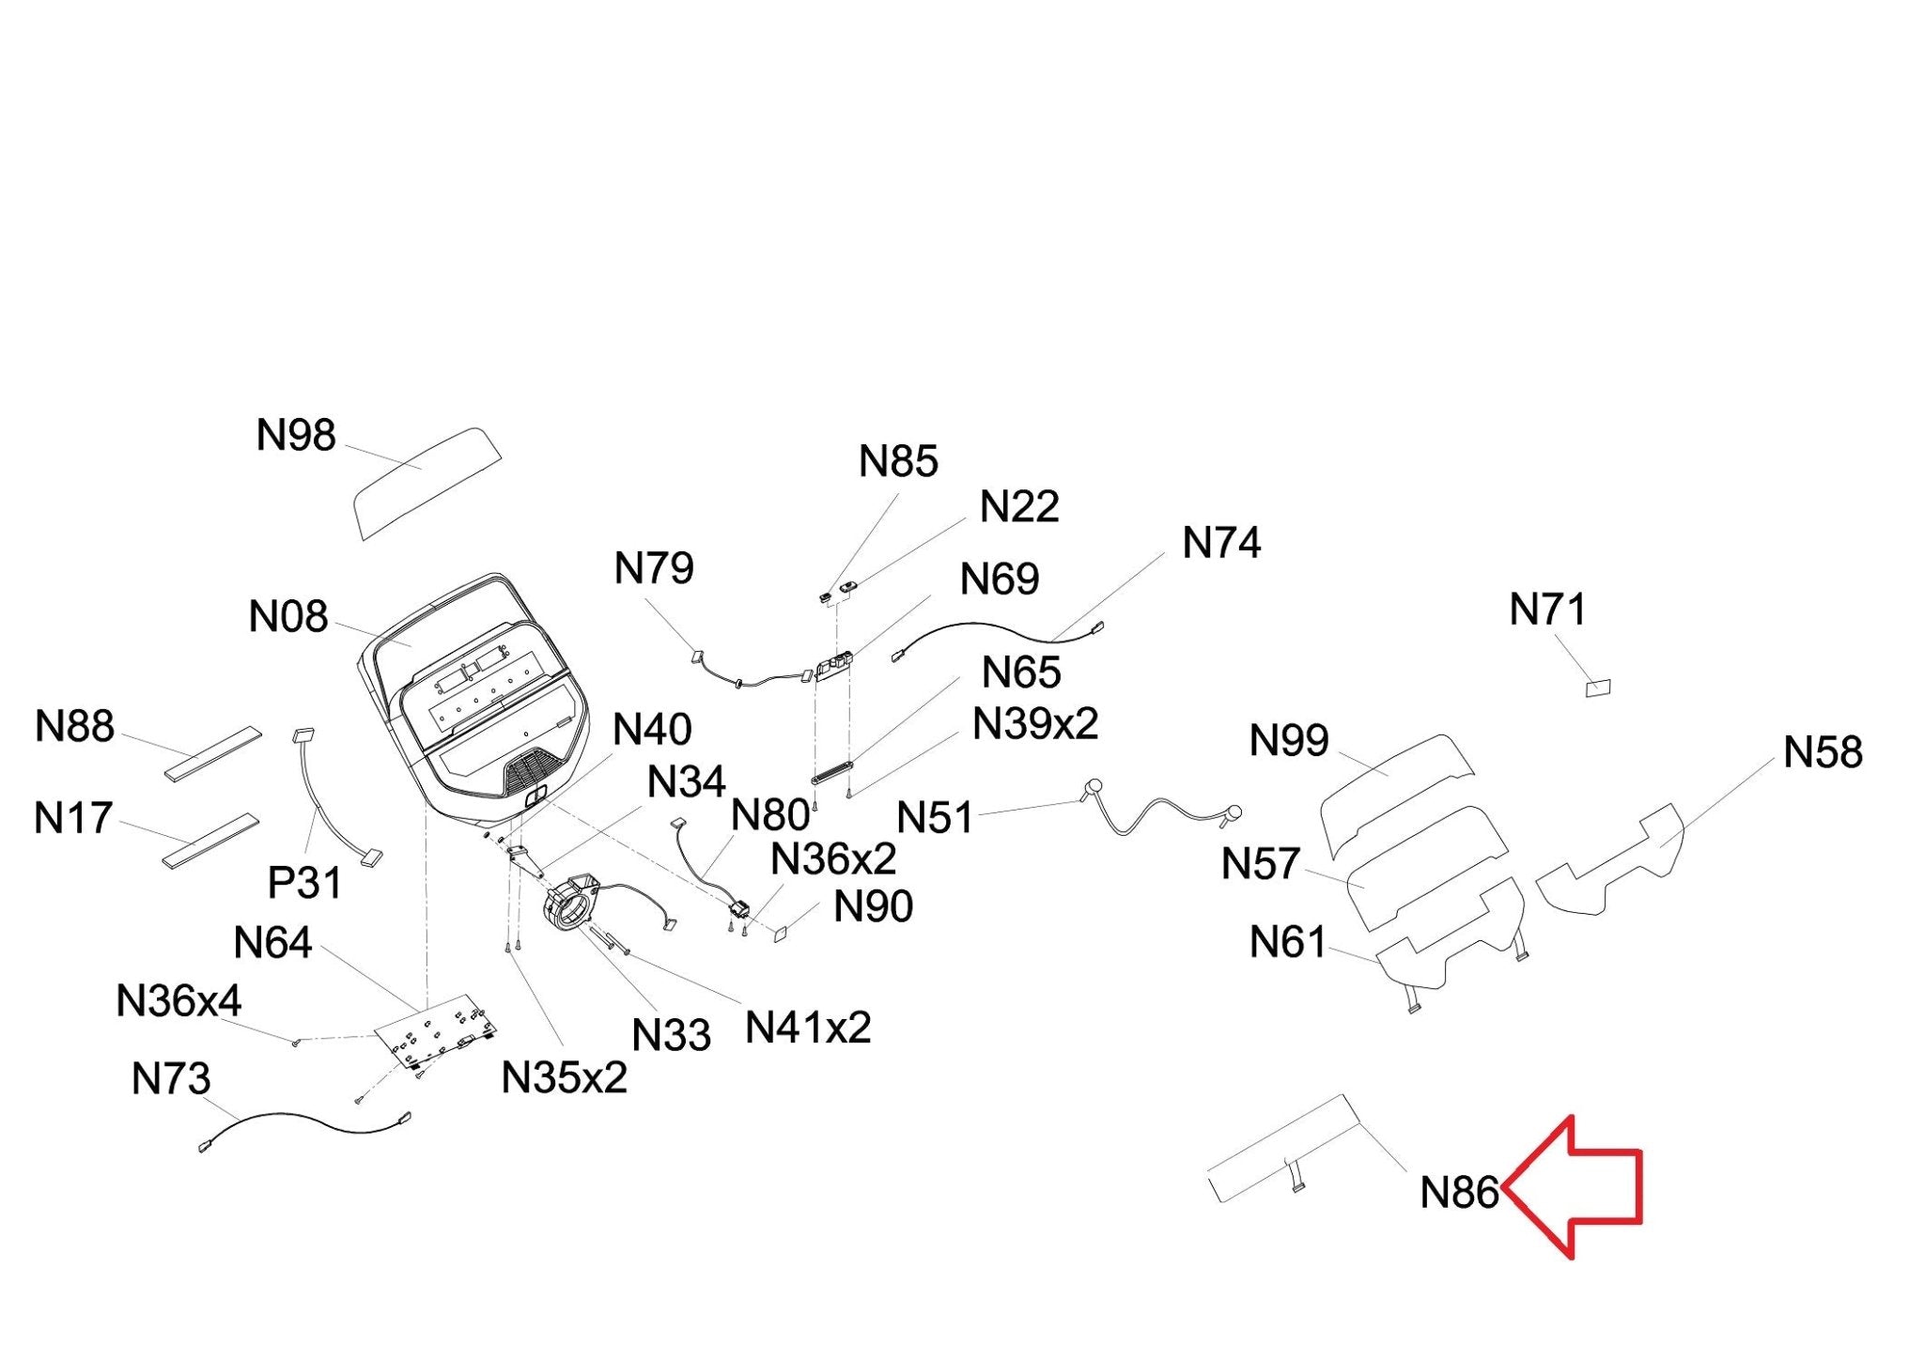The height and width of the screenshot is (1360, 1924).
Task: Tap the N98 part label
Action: pos(296,436)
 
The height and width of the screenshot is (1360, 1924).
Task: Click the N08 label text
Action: pos(288,617)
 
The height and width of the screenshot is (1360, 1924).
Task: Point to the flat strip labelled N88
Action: pos(213,752)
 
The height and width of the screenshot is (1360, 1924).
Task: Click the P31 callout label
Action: pos(304,883)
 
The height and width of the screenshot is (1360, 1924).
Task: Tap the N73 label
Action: pos(171,1079)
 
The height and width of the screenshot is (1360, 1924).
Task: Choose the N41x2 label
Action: pos(808,1028)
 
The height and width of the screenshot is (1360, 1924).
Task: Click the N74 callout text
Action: pos(1221,543)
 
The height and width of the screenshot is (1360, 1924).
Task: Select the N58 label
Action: pos(1823,752)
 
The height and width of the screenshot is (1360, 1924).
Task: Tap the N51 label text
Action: pos(935,818)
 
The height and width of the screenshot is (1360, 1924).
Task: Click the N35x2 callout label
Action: pos(564,1078)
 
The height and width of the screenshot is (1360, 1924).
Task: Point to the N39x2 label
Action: pos(1035,724)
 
